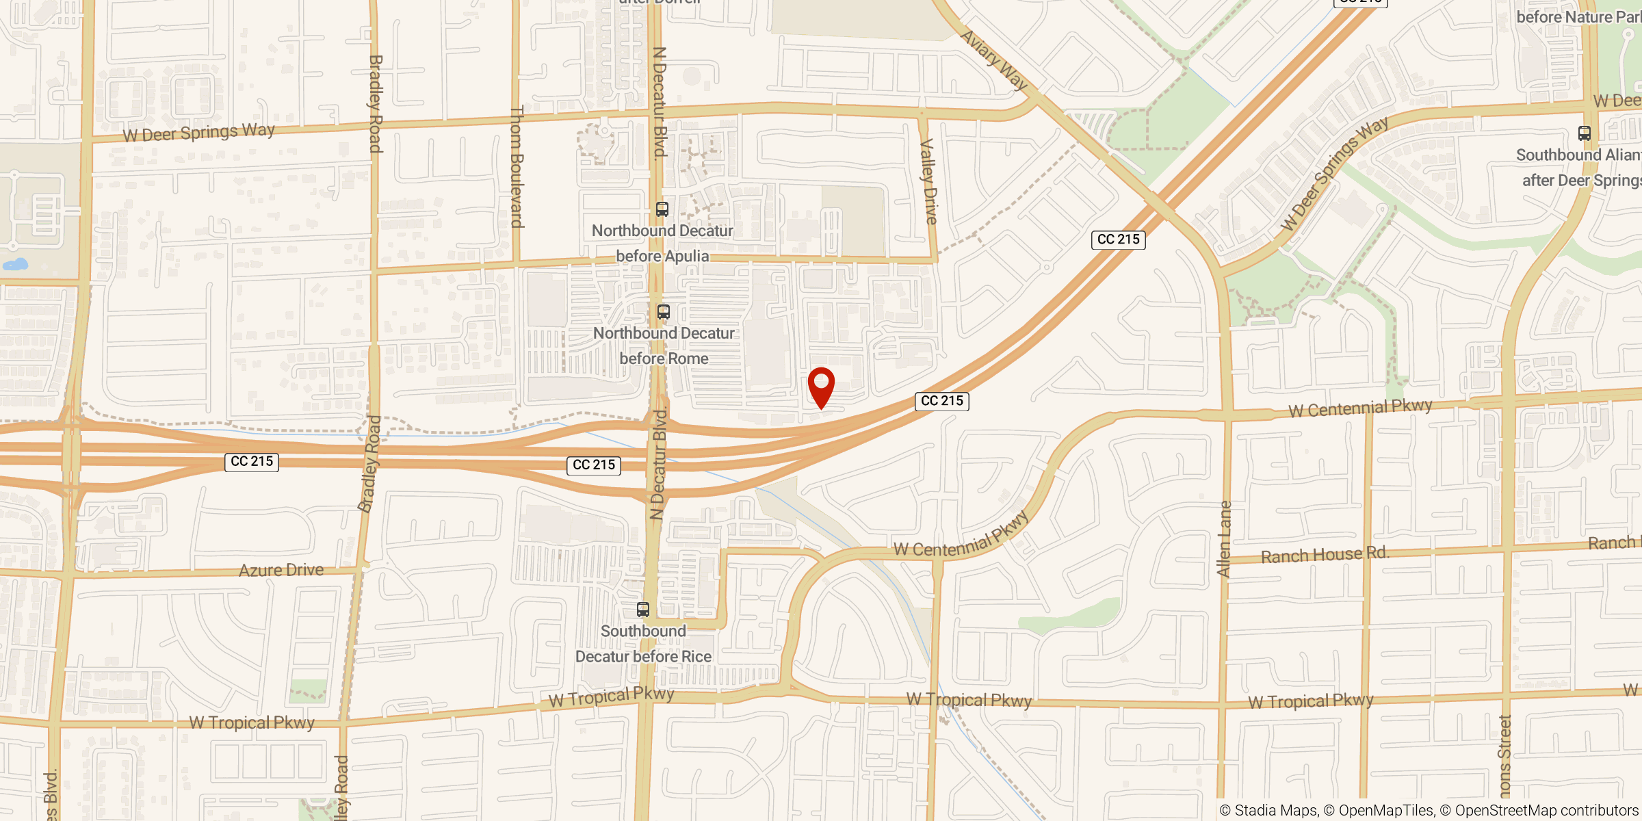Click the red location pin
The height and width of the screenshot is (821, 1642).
821,386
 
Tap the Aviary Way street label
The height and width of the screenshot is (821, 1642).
995,60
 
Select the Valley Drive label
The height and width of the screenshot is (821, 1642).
928,181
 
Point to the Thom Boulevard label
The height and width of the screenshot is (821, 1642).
517,166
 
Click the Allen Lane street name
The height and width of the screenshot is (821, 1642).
1224,538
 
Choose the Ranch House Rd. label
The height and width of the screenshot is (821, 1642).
1325,555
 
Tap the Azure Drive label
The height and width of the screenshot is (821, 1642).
281,570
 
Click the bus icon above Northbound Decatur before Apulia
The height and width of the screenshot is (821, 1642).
662,209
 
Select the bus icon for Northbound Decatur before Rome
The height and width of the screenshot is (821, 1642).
664,312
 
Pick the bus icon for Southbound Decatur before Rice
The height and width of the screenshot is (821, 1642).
643,609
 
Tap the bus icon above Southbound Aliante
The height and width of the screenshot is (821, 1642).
1585,133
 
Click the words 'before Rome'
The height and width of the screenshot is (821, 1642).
664,359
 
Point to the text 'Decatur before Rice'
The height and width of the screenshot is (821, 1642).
643,657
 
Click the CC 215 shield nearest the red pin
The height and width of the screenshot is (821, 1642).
941,401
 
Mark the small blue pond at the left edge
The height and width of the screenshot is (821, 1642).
15,265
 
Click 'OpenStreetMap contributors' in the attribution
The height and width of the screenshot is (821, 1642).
1546,811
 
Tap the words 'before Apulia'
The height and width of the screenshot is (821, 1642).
662,257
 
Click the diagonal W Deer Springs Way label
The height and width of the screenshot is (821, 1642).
1333,174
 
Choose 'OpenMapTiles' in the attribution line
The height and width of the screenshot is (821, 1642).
1386,811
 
